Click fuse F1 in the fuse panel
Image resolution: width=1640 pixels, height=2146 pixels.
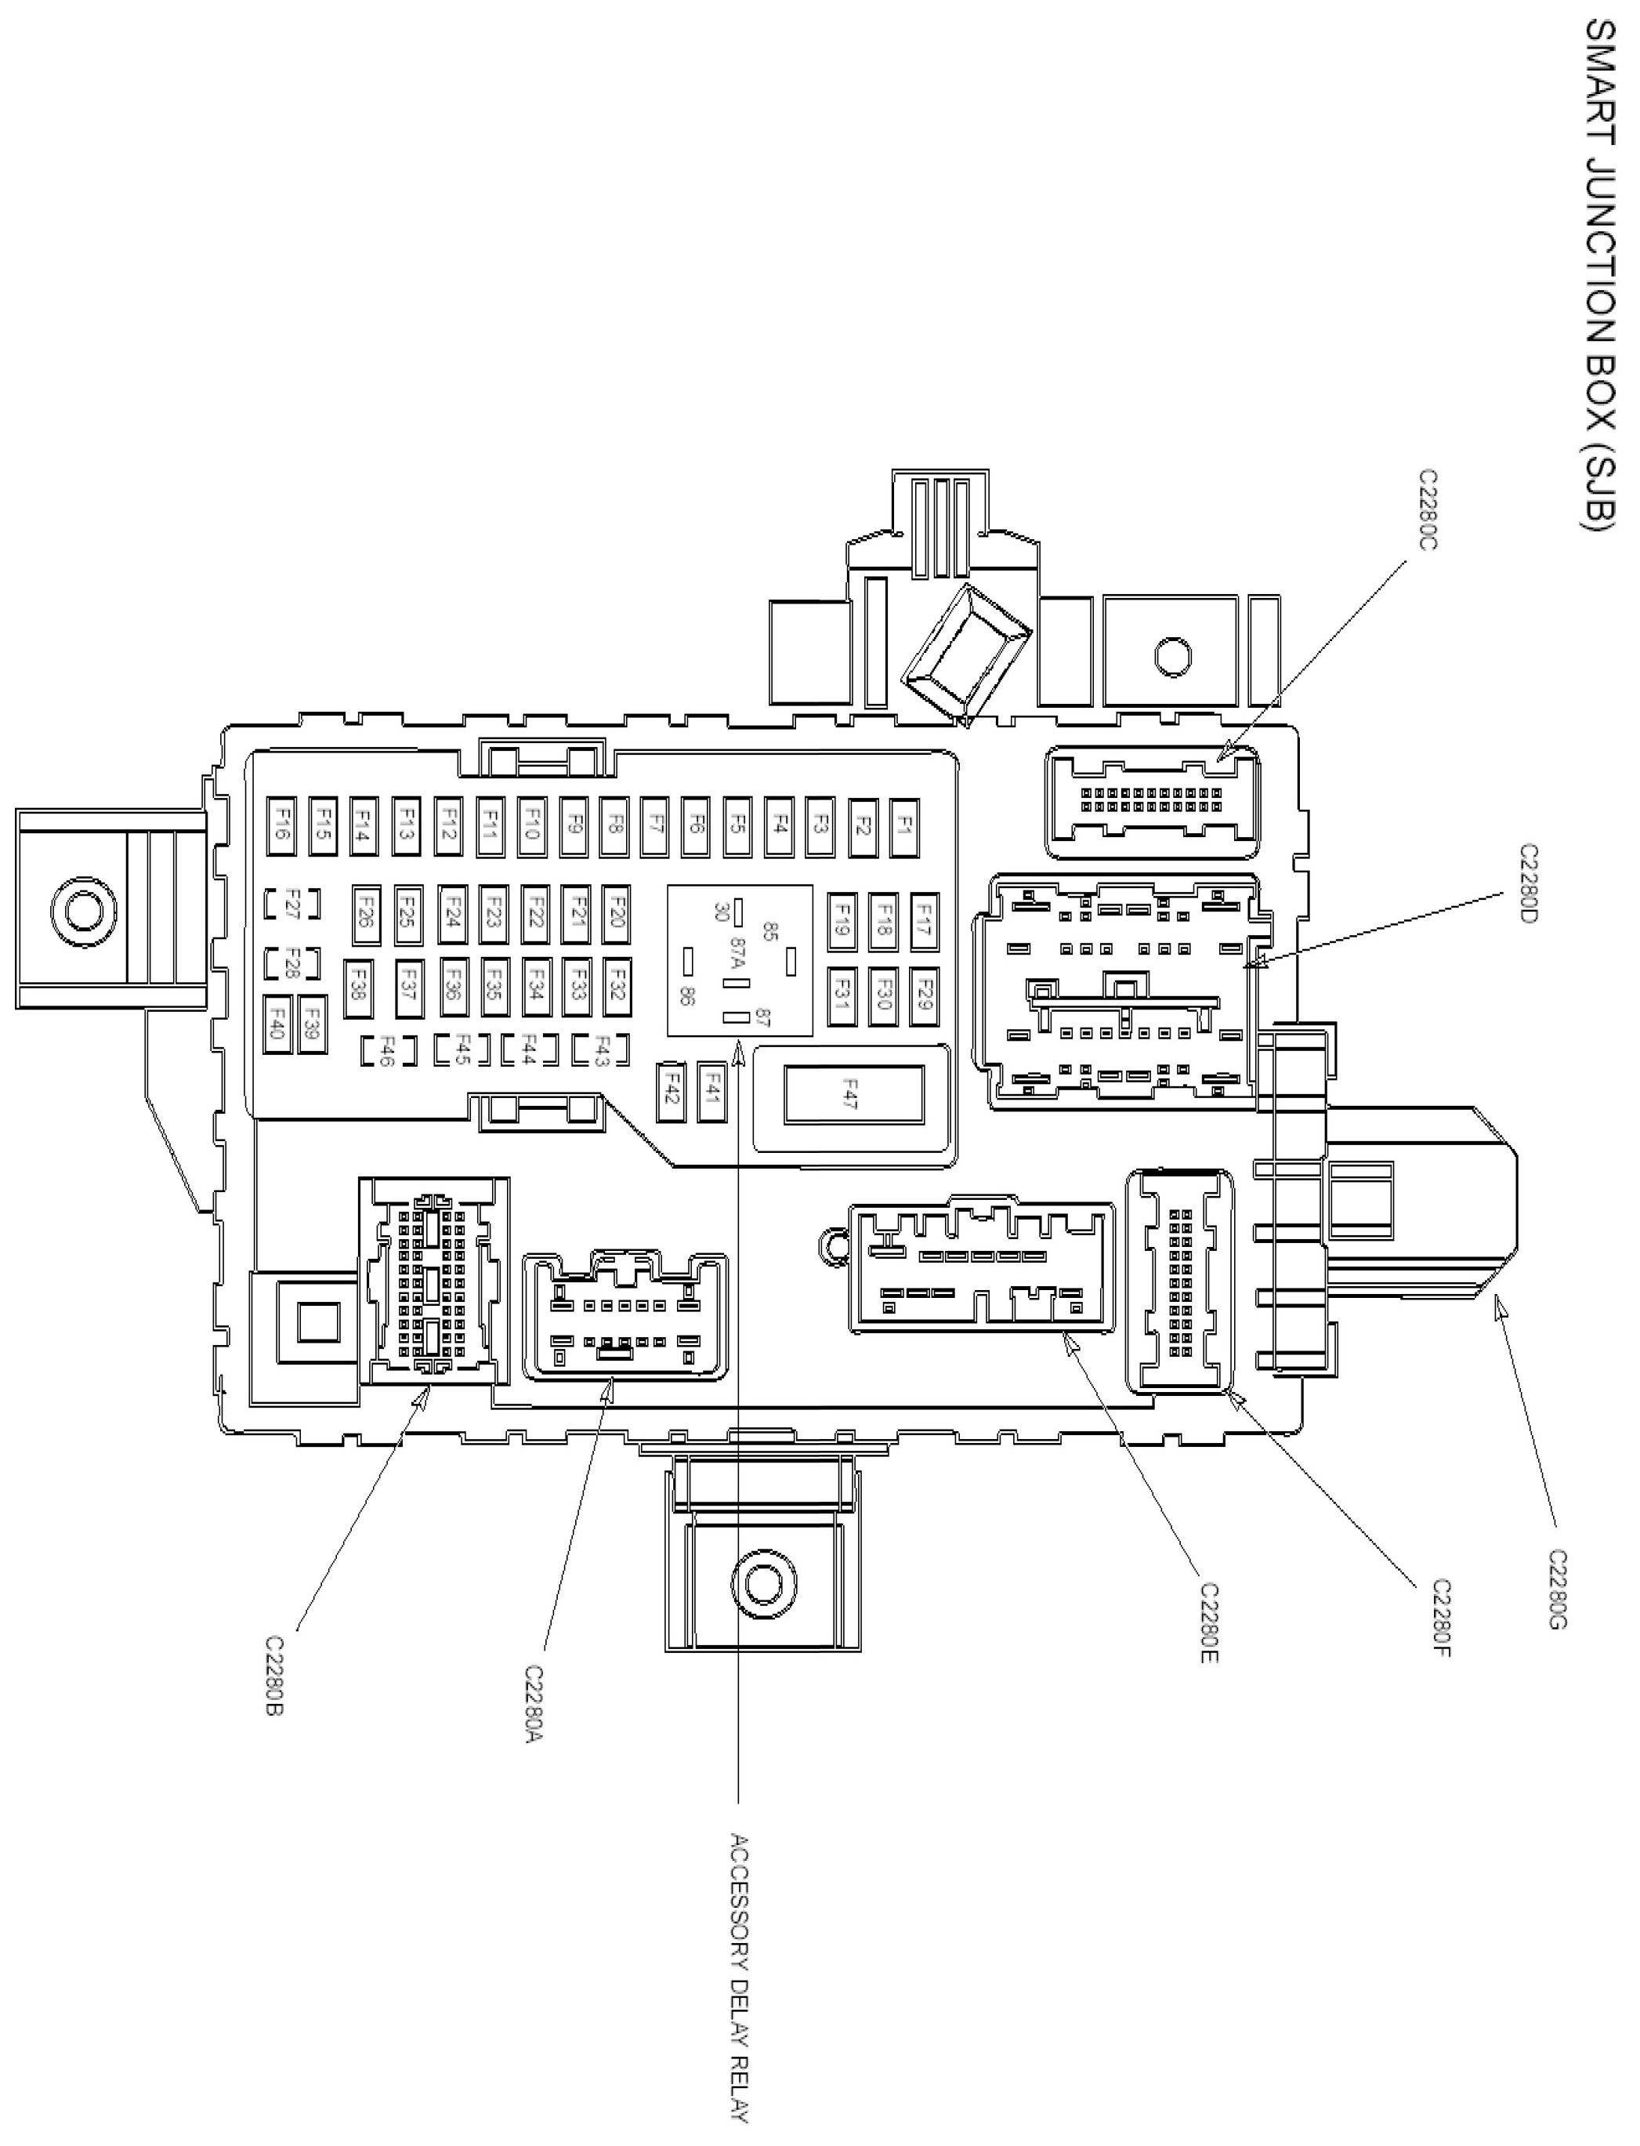(x=905, y=827)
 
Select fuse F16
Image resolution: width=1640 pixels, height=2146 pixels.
(x=282, y=827)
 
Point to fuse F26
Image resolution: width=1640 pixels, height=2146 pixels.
(x=366, y=917)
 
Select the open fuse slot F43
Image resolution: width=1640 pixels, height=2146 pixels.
(x=601, y=1050)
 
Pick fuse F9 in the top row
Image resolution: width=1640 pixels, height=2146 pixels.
(x=574, y=827)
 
